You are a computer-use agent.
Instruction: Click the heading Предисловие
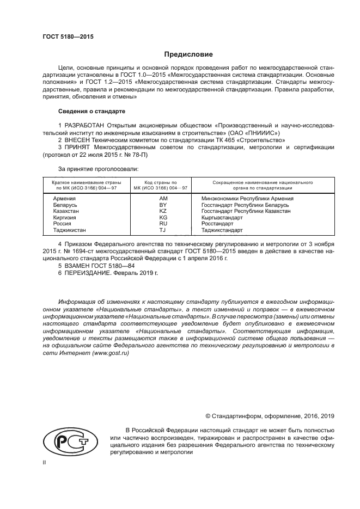pyautogui.click(x=189, y=54)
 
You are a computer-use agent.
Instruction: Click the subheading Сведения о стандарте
pyautogui.click(x=91, y=111)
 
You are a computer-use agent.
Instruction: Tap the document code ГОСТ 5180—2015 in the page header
pyautogui.click(x=68, y=36)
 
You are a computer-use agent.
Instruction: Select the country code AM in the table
pyautogui.click(x=162, y=199)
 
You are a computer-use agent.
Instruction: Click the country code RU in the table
pyautogui.click(x=162, y=223)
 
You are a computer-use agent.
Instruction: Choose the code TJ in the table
pyautogui.click(x=162, y=230)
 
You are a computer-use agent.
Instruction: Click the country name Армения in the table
pyautogui.click(x=64, y=199)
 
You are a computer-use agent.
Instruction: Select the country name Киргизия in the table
pyautogui.click(x=65, y=217)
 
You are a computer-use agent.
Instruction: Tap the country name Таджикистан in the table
pyautogui.click(x=69, y=230)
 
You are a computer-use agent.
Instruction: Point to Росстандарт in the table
pyautogui.click(x=217, y=223)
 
